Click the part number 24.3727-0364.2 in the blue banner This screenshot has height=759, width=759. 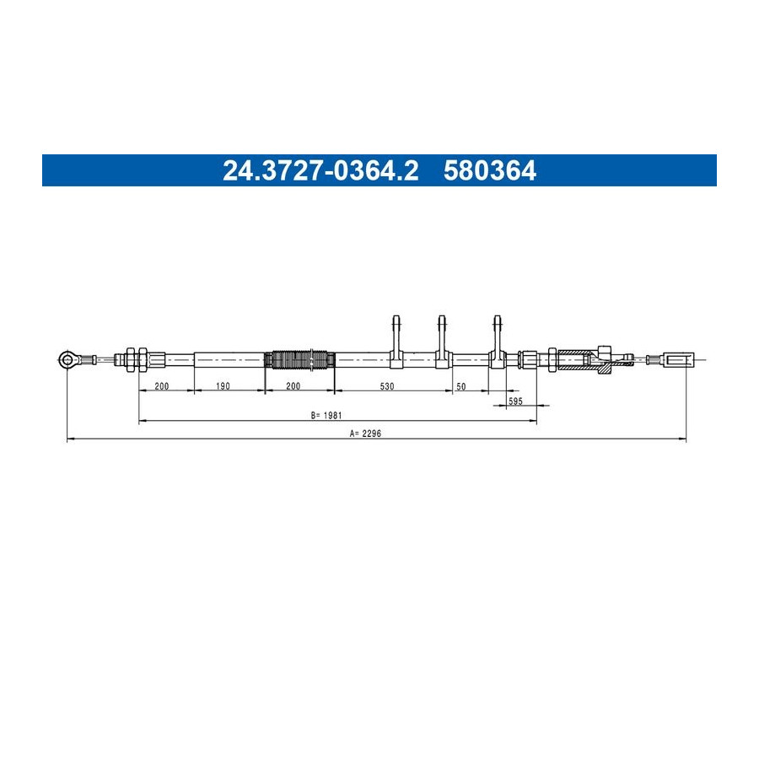coord(320,171)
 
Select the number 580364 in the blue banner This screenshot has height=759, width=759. coord(490,171)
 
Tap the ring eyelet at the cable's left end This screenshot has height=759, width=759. coord(67,359)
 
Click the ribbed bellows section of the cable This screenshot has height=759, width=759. coord(300,359)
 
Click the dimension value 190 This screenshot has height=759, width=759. coord(223,385)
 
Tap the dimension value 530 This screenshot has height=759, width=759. coord(387,385)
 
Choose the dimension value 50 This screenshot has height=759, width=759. coord(460,386)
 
